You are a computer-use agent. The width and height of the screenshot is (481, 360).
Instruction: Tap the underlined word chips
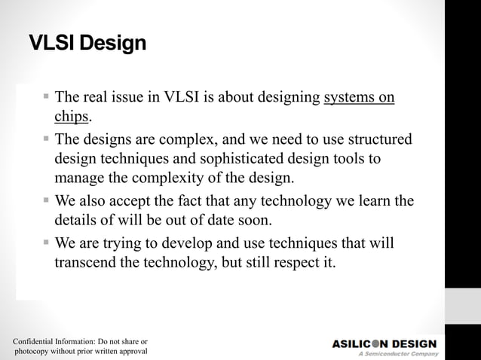click(72, 117)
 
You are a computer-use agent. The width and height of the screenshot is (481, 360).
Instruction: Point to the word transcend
click(88, 264)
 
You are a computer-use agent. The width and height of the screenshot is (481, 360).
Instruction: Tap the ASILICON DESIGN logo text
click(384, 343)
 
